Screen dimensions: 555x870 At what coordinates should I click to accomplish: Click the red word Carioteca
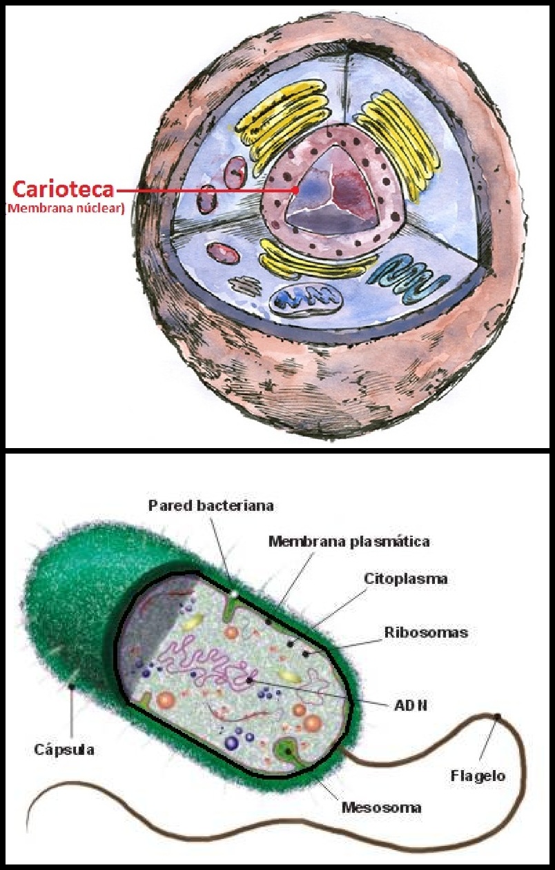pyautogui.click(x=62, y=189)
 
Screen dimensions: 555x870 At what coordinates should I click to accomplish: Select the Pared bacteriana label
pyautogui.click(x=211, y=505)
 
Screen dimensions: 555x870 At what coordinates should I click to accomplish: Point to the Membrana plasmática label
pyautogui.click(x=349, y=541)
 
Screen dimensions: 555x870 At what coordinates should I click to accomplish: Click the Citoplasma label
pyautogui.click(x=405, y=578)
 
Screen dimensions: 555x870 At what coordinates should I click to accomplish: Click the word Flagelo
pyautogui.click(x=478, y=776)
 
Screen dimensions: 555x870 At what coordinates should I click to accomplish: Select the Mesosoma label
pyautogui.click(x=382, y=806)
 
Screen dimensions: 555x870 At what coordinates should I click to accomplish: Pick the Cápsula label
pyautogui.click(x=64, y=749)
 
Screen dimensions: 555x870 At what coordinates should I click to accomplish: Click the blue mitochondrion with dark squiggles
pyautogui.click(x=305, y=299)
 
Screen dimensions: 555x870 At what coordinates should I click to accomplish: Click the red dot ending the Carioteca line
pyautogui.click(x=295, y=189)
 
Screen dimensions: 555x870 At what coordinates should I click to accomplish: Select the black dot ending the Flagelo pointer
pyautogui.click(x=497, y=718)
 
